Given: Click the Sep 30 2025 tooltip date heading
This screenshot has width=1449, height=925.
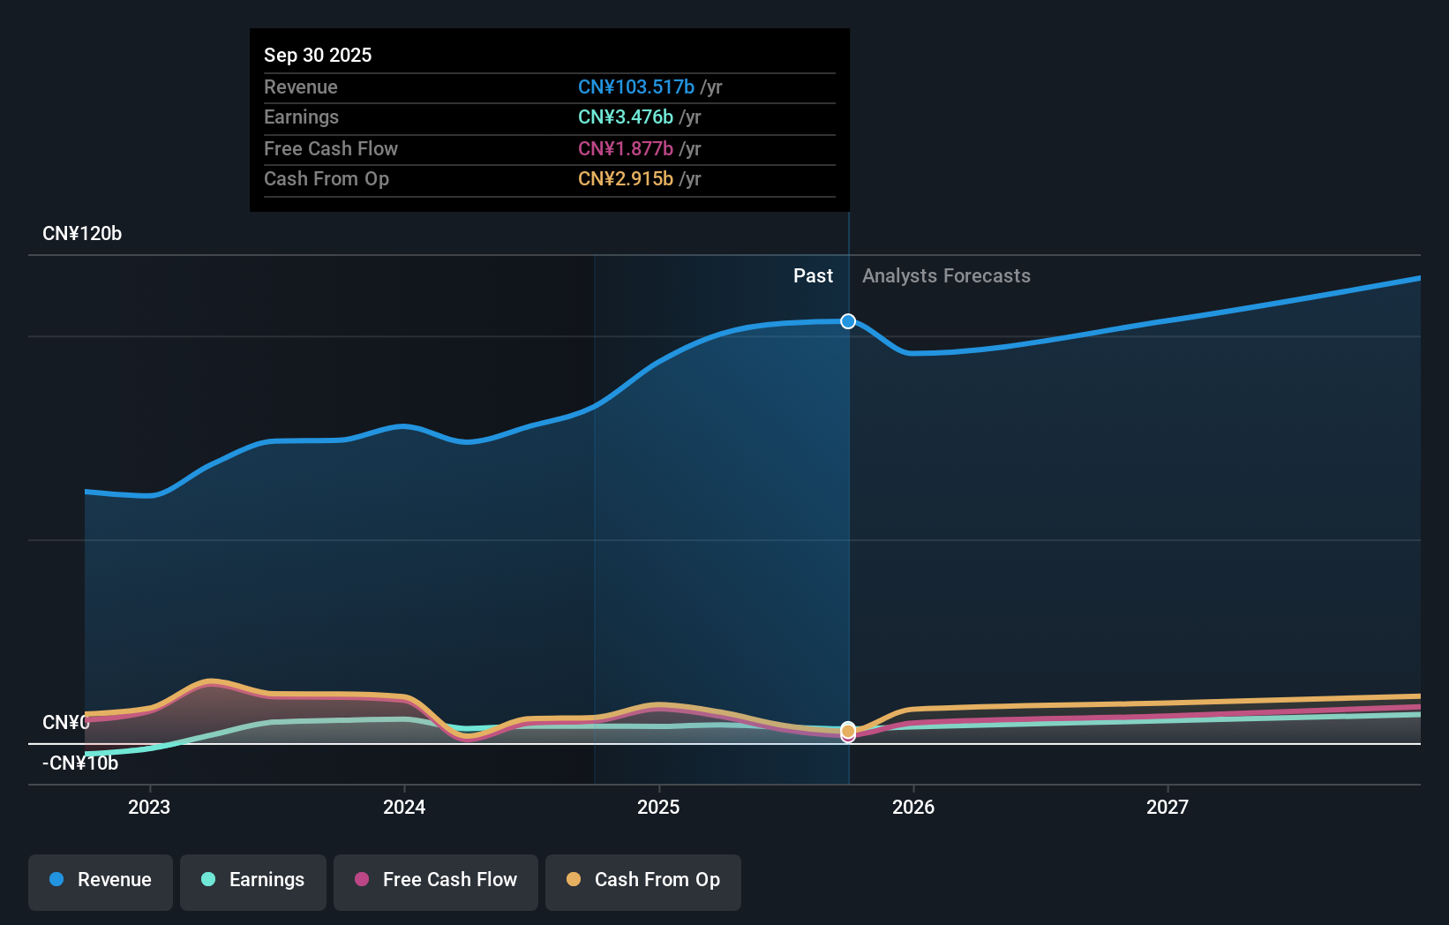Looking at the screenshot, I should (318, 55).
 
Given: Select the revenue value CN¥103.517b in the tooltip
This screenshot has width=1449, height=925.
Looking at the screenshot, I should (635, 86).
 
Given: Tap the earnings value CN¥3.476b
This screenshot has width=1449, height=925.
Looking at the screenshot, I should (625, 117).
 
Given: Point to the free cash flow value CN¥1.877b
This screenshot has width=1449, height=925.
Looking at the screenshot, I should (625, 148).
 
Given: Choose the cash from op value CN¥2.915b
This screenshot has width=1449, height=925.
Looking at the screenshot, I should (625, 178).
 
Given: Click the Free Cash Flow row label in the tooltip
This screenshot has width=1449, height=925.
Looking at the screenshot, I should (331, 148).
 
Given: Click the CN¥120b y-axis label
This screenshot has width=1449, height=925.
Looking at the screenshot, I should (82, 233).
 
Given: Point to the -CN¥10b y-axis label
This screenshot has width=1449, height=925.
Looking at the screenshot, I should (80, 763).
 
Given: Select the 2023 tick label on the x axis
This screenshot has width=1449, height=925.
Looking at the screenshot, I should (149, 807).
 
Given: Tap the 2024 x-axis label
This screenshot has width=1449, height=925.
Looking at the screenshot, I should (404, 807).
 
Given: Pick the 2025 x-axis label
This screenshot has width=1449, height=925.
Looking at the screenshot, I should (658, 807).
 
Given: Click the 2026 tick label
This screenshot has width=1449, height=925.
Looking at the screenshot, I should (913, 807).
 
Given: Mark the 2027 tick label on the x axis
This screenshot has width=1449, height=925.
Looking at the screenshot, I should (1167, 807).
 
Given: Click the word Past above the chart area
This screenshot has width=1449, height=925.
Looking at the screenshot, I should (813, 275).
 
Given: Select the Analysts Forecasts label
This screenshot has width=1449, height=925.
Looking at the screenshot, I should (946, 275).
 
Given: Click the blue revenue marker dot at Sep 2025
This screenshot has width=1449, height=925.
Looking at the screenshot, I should (848, 321).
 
